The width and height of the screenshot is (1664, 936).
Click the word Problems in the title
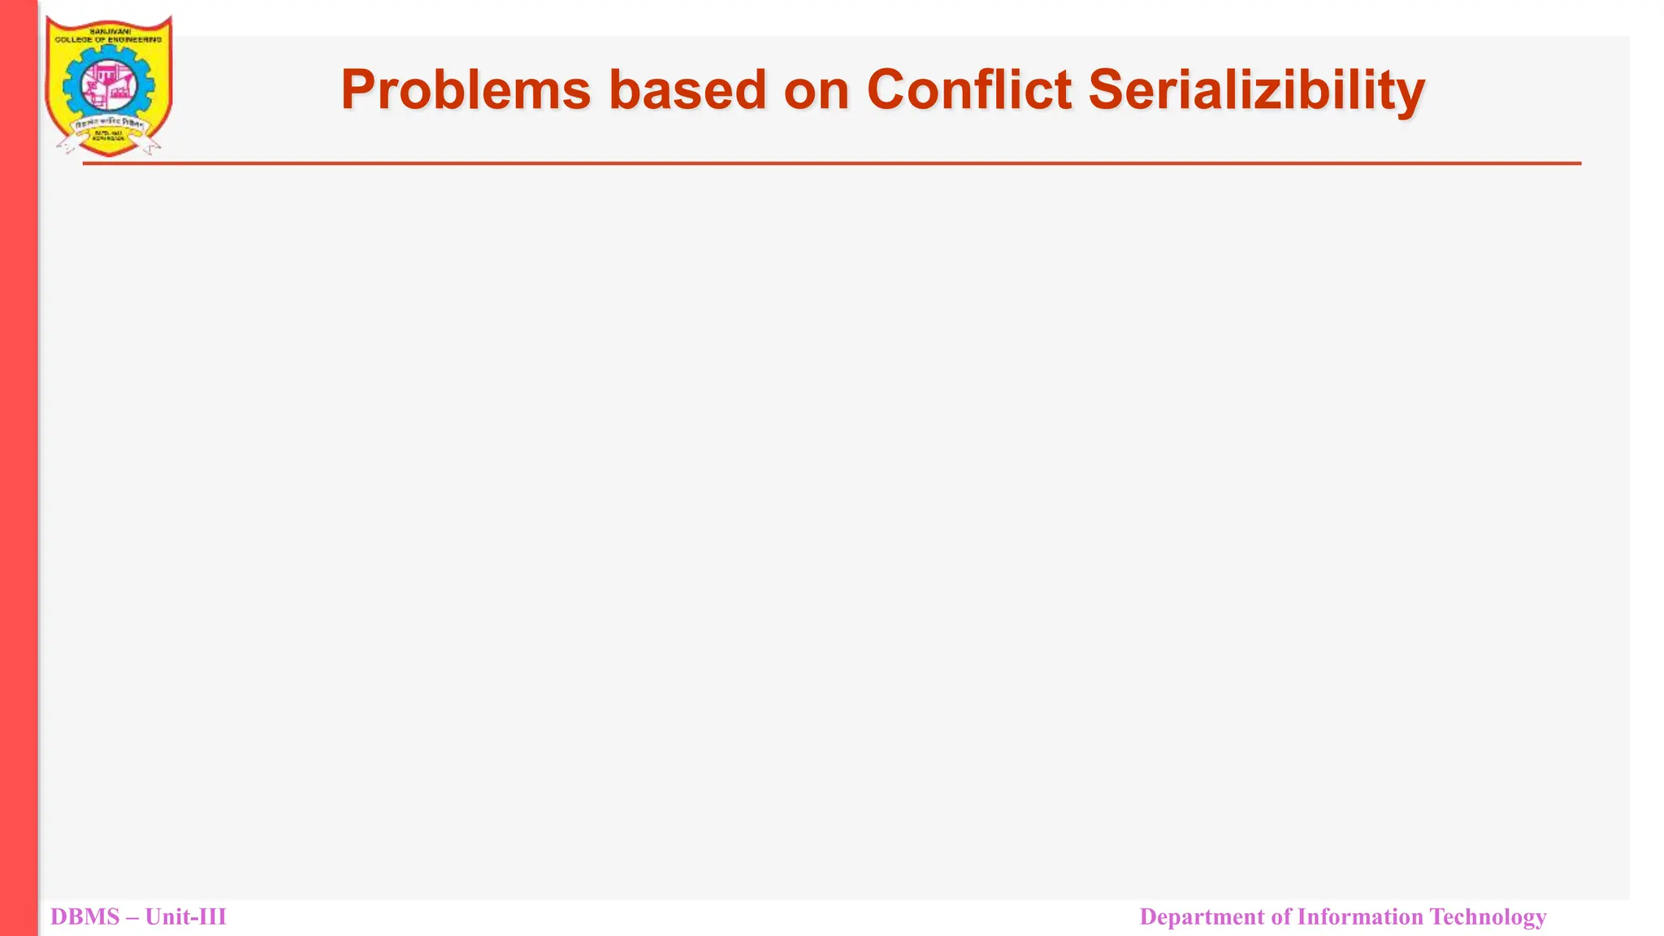coord(465,89)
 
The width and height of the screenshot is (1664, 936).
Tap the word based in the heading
coord(687,89)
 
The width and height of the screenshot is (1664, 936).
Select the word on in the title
coord(816,91)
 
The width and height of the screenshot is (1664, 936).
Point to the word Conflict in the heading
coord(968,89)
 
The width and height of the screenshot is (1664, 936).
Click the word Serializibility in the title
coord(1256,91)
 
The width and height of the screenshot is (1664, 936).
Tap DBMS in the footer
coord(84,917)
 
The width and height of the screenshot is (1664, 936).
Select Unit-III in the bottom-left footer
coord(186,917)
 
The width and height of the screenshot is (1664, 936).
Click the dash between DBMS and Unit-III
coord(132,918)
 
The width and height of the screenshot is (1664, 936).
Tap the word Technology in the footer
coord(1488,917)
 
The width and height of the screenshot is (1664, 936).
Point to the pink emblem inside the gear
coord(108,85)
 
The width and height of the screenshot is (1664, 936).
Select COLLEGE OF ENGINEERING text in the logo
coord(109,39)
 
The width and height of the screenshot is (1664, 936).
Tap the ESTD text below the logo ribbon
coord(107,134)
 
